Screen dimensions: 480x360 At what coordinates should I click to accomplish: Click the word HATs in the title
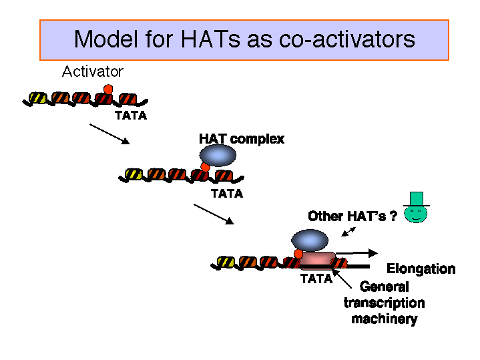tap(210, 39)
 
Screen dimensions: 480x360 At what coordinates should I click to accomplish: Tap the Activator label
tap(93, 71)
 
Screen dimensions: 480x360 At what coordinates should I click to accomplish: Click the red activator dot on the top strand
tap(108, 89)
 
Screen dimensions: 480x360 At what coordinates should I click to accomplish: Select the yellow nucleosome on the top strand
tap(38, 98)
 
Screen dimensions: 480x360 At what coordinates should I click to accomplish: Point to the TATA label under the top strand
tap(131, 116)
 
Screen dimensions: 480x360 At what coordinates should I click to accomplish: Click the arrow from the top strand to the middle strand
tap(109, 134)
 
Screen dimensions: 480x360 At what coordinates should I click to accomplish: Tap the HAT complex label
tap(242, 139)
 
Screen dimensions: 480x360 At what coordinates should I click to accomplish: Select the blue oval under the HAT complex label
tap(218, 156)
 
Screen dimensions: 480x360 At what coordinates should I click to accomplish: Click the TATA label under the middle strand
tap(227, 194)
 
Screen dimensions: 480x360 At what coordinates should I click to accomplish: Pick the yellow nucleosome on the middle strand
tap(134, 174)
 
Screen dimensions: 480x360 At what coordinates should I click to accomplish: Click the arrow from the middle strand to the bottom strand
tap(214, 214)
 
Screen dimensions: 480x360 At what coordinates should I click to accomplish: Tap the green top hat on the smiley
tap(417, 199)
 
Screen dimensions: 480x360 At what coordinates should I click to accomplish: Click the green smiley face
tap(416, 214)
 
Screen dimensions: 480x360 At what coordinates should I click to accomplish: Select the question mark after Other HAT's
tap(393, 216)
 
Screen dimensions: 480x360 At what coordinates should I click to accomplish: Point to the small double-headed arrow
tap(348, 232)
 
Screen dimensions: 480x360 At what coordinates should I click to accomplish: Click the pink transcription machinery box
tap(318, 260)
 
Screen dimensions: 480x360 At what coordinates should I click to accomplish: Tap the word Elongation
tap(421, 268)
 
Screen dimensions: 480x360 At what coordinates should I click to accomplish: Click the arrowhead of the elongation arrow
tap(373, 253)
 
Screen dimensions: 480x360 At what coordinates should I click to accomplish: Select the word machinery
tap(385, 319)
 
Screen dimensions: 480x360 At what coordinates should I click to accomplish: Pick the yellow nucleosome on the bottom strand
tap(226, 262)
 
